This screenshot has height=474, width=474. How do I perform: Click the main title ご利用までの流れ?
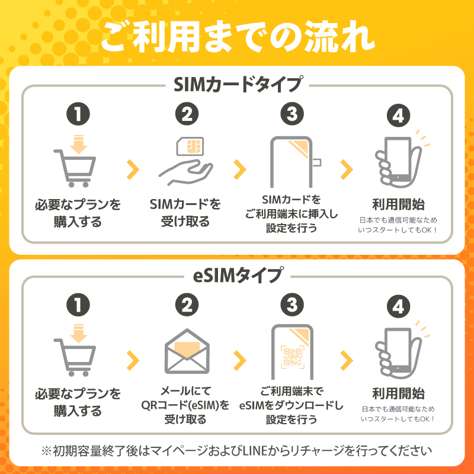coord(238,37)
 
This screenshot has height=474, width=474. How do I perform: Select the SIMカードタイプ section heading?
coord(238,84)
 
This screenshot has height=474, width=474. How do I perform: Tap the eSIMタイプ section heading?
coord(238,275)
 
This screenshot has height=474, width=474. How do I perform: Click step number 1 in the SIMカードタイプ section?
coord(78,114)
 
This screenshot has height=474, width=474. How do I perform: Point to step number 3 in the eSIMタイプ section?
coord(292,305)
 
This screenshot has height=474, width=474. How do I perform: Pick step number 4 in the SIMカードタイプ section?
coord(398,116)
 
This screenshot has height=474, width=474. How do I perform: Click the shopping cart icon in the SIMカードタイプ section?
coord(75,161)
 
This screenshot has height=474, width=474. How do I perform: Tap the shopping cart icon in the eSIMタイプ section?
coord(75,350)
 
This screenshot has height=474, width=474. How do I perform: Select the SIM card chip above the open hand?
coord(190,146)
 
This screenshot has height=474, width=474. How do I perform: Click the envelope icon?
coord(187,351)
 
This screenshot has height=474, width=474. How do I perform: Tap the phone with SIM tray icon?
coord(294,162)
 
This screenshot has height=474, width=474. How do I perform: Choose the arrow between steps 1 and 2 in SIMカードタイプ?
coord(133,169)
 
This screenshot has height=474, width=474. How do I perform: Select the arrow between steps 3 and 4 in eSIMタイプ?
coord(347,360)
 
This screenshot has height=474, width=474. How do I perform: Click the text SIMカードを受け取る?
coord(185,213)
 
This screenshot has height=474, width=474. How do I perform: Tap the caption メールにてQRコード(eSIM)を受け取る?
coord(185,405)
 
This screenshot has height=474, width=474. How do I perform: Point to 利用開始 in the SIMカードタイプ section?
coord(398,204)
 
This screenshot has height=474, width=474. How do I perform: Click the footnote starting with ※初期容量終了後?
coord(237,451)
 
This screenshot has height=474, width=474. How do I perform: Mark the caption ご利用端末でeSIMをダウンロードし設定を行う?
coord(292,405)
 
